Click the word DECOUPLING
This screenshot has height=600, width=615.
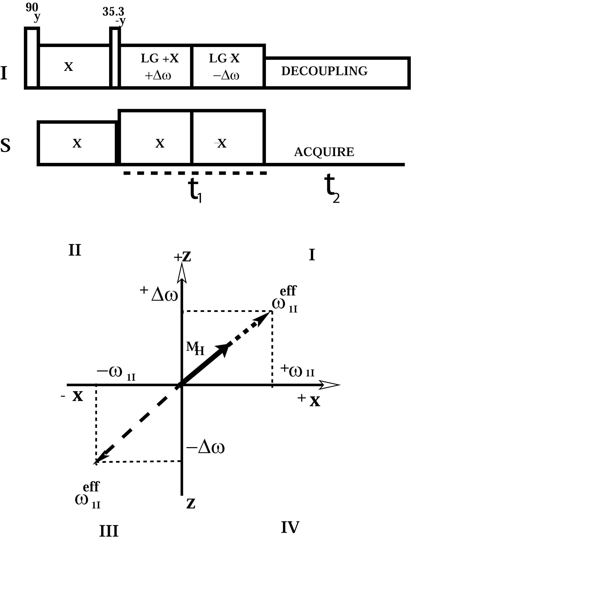click(324, 71)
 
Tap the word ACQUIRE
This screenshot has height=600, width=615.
click(324, 152)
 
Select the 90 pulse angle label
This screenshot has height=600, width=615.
click(32, 7)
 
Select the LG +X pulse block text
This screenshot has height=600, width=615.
click(160, 58)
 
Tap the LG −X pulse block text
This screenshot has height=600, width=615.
click(224, 58)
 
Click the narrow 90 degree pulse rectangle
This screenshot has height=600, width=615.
click(32, 58)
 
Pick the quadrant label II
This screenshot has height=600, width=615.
click(75, 251)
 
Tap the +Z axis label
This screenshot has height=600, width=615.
click(182, 257)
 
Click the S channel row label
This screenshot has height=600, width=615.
click(5, 146)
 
